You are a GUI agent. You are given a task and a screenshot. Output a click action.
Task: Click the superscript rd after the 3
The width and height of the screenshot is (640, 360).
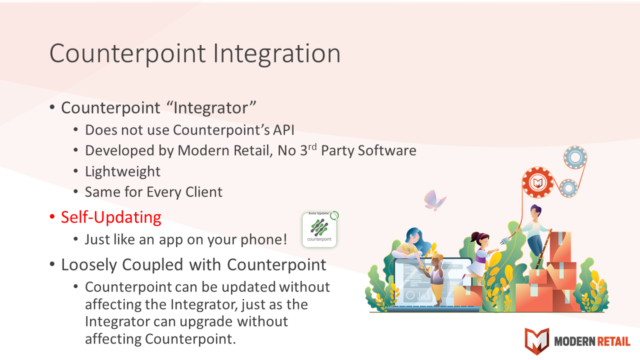[312, 146]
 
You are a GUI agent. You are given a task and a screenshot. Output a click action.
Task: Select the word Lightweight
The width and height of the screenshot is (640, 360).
[122, 171]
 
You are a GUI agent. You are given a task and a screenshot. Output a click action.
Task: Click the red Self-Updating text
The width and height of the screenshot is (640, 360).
[111, 217]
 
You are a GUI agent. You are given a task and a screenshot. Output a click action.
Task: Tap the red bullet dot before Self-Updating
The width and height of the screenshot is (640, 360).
[52, 217]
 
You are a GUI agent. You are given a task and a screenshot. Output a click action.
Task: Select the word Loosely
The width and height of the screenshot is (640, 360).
[89, 265]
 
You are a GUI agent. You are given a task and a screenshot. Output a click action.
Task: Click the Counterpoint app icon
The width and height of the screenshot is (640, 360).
[319, 229]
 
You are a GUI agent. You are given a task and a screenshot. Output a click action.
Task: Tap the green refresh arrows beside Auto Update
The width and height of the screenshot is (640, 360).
[334, 215]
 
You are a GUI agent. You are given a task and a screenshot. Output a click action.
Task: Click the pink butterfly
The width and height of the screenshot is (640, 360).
[434, 200]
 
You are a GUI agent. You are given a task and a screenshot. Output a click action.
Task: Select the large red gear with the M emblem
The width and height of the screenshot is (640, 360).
[537, 182]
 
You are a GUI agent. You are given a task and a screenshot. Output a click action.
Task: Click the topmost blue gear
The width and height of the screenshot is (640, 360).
[575, 157]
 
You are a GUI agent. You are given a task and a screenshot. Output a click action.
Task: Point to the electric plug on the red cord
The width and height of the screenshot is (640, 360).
[505, 241]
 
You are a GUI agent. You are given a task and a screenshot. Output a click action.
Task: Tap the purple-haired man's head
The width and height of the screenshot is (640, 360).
[535, 212]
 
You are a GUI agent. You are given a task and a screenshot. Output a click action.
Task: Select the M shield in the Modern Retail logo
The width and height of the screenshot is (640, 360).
[537, 341]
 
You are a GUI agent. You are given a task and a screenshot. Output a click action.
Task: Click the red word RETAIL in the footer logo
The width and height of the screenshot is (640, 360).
[613, 341]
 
